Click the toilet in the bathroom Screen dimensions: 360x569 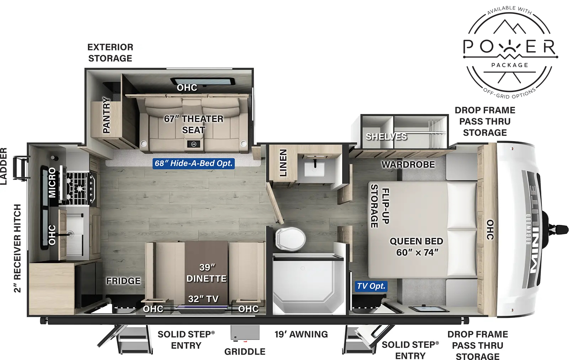click(290, 238)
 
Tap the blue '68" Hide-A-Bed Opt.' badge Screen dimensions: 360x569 click(193, 163)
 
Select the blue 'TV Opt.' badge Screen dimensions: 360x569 click(371, 286)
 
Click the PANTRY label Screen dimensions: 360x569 click(106, 115)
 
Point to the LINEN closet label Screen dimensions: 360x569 click(283, 163)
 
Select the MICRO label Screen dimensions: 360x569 click(52, 182)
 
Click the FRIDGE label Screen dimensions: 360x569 click(123, 281)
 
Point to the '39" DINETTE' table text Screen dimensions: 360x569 click(207, 273)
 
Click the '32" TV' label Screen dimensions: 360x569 click(203, 299)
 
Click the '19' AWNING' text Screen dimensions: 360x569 click(301, 334)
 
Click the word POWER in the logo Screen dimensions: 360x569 click(510, 47)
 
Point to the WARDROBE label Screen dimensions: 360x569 click(408, 165)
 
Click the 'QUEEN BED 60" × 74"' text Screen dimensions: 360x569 click(416, 247)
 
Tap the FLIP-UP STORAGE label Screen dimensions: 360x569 click(380, 206)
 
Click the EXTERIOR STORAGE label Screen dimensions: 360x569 click(110, 53)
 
